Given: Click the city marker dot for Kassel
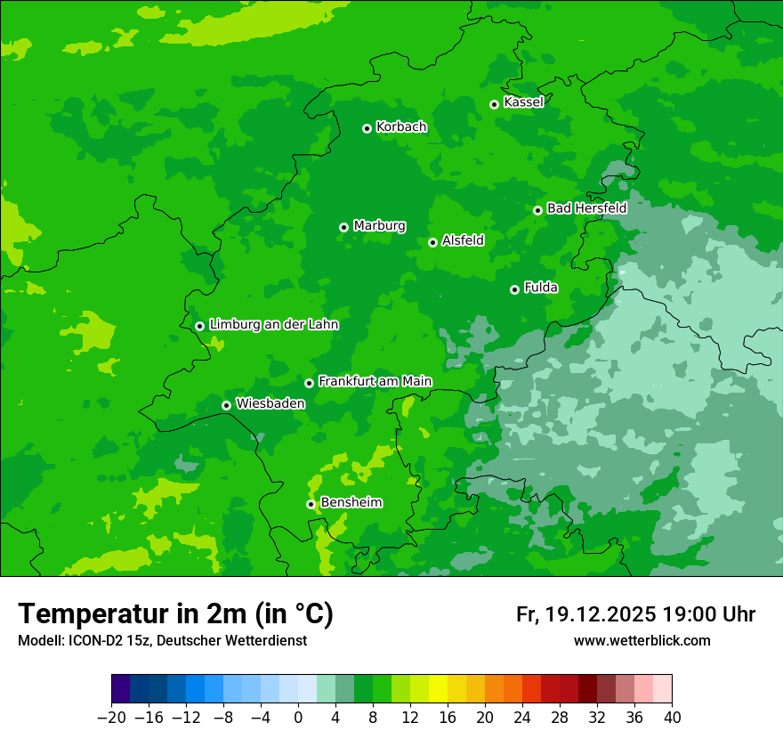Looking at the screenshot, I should [494, 104].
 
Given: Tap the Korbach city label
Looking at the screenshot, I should [401, 127].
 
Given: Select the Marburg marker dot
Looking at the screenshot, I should [343, 227].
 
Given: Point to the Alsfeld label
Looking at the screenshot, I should [463, 240].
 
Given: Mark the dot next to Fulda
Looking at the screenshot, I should [514, 289].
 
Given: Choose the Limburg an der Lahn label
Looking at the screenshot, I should [273, 325].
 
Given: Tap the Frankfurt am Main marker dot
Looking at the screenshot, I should [309, 383].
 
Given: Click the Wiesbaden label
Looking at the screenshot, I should [270, 403].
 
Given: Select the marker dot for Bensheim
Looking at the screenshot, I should [311, 504].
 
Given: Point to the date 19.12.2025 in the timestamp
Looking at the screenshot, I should [601, 614].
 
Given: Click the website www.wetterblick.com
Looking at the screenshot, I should [642, 641].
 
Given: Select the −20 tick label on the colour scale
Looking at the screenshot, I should [111, 717].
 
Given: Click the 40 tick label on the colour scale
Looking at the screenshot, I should [672, 717].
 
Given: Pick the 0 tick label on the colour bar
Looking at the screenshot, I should [298, 717].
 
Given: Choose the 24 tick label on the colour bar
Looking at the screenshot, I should [522, 717].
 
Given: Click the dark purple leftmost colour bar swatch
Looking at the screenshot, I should [120, 689].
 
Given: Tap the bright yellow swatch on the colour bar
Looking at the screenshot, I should [438, 689].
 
